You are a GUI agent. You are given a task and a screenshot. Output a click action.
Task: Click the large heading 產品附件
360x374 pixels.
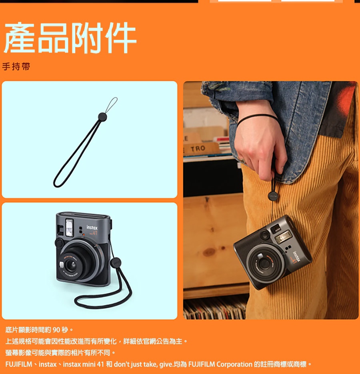point(70,38)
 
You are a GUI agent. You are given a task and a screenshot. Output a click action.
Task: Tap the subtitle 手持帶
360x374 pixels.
point(16,67)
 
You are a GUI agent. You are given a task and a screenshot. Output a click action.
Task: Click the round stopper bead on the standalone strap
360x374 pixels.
point(102,117)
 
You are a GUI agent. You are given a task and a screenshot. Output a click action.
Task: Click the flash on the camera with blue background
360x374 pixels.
point(69,228)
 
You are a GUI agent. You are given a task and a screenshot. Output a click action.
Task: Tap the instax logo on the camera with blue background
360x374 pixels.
point(92,227)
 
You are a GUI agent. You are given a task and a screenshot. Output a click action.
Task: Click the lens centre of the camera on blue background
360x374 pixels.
point(71,265)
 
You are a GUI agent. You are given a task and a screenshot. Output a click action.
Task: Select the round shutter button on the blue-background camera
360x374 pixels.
point(59,243)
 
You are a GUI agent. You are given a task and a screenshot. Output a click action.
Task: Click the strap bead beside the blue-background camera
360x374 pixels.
point(116,263)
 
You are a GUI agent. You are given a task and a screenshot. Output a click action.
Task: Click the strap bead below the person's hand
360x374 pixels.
point(273,196)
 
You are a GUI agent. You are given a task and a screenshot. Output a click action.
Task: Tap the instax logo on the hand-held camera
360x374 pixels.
point(296,257)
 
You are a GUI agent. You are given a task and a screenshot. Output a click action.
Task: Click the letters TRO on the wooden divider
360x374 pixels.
point(198,149)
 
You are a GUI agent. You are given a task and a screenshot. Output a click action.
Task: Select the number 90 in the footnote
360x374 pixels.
point(56,330)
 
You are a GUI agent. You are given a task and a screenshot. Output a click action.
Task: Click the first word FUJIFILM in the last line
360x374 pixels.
point(19,364)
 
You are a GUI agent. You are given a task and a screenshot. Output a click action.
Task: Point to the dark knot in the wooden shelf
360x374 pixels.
point(210,252)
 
